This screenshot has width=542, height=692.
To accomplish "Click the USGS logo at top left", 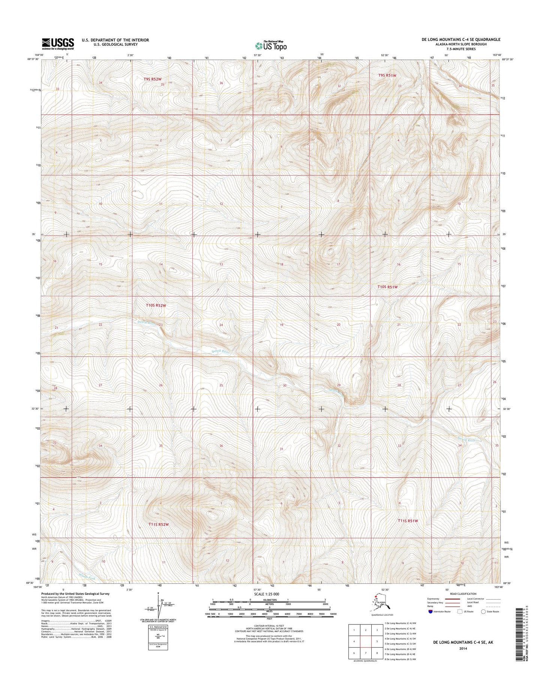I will [x=58, y=43].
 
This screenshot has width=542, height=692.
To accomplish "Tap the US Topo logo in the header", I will [x=271, y=45].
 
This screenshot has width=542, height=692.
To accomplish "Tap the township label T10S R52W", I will [x=156, y=306].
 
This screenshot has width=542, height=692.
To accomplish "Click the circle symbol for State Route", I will [x=483, y=611].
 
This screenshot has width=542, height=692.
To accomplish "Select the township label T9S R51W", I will [x=387, y=75].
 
